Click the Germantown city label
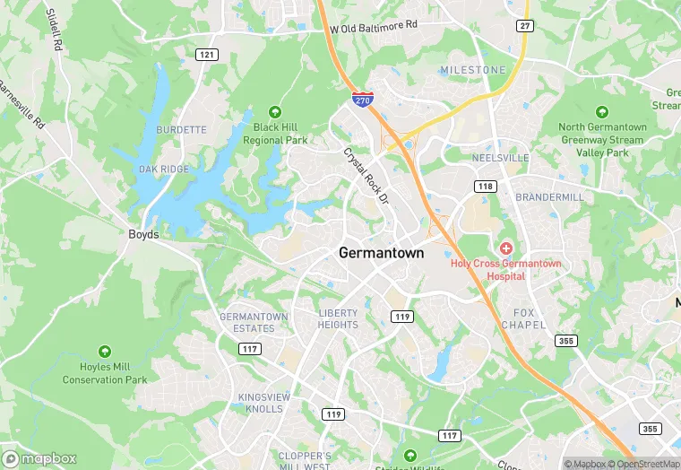[381, 254]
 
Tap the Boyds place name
[143, 235]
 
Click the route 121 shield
[207, 55]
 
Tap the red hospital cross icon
[505, 247]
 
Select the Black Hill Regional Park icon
[275, 112]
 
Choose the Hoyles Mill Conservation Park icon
[105, 351]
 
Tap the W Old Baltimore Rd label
[374, 28]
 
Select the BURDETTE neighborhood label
[181, 130]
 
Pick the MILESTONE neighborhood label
[472, 70]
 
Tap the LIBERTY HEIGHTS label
[338, 318]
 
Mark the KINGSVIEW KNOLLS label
[261, 403]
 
